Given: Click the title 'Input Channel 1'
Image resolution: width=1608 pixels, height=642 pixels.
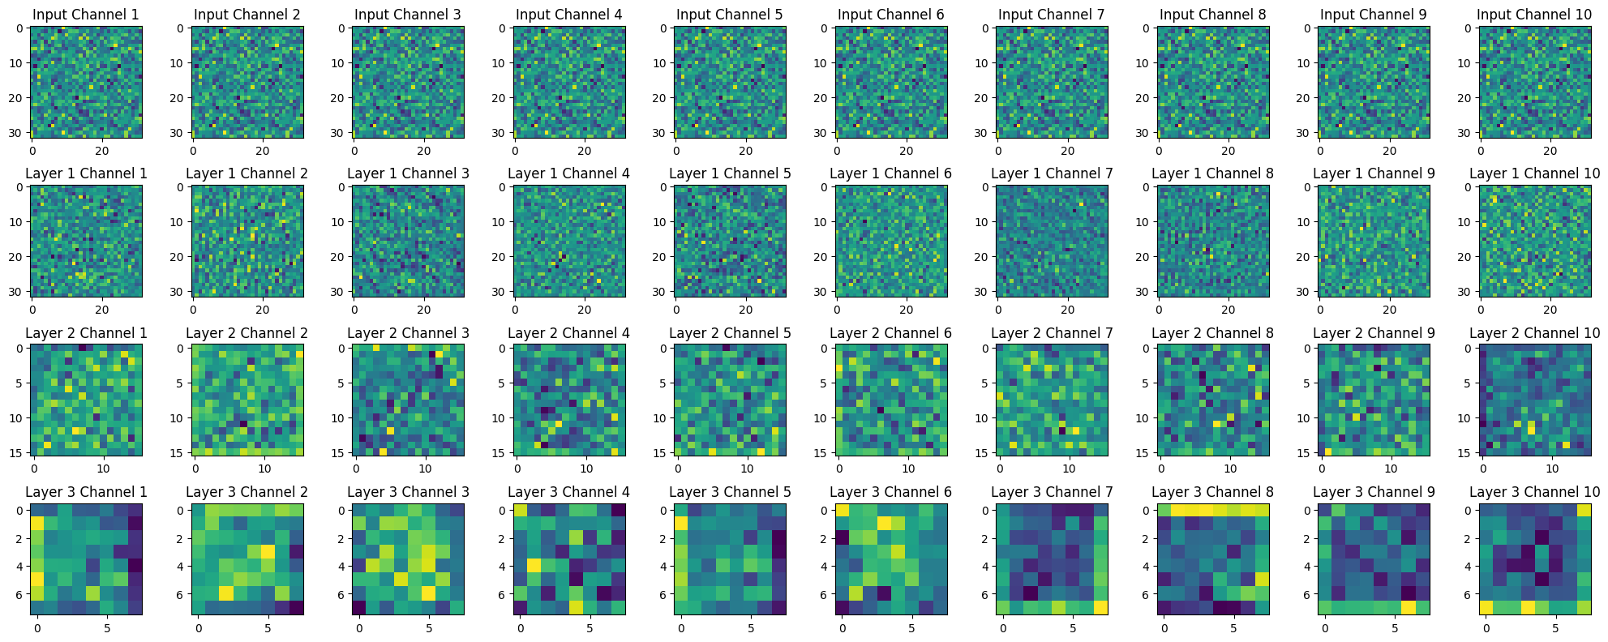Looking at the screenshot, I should [x=85, y=15].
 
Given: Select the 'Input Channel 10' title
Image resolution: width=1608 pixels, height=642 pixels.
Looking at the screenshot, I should [x=1534, y=15].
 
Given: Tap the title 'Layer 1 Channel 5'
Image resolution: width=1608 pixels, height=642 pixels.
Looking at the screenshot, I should [x=730, y=173].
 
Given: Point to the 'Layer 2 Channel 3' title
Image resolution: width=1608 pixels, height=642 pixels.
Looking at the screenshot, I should [x=408, y=333].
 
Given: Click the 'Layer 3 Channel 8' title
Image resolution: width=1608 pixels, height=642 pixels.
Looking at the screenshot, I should [x=1212, y=492].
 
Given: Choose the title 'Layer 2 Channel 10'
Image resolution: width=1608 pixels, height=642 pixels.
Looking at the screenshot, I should [x=1534, y=333].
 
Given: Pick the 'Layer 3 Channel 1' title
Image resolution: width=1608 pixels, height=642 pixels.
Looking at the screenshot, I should [x=86, y=492].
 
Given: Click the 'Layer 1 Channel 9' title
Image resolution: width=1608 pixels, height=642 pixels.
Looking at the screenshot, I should [x=1373, y=173].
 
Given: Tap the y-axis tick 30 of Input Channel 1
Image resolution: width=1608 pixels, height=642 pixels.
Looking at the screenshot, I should [x=19, y=132].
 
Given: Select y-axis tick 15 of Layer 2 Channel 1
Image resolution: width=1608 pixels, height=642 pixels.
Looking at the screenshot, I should [x=19, y=452].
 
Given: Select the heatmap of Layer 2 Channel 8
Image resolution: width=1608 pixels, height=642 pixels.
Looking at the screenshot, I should [x=1212, y=400].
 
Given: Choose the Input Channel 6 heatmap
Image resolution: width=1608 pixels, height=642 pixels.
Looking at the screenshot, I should [x=890, y=81].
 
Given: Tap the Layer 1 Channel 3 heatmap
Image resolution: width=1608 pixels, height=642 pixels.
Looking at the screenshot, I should [x=408, y=241].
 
